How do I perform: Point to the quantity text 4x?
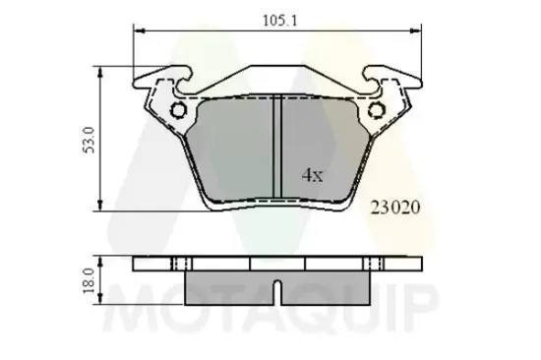pos(312,176)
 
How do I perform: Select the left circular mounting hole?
pos(179,111)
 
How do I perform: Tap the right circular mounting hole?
pos(374,111)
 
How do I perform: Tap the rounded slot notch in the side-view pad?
pos(278,290)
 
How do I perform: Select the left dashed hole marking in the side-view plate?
pos(179,264)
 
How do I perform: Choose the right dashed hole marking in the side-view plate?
pos(374,264)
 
